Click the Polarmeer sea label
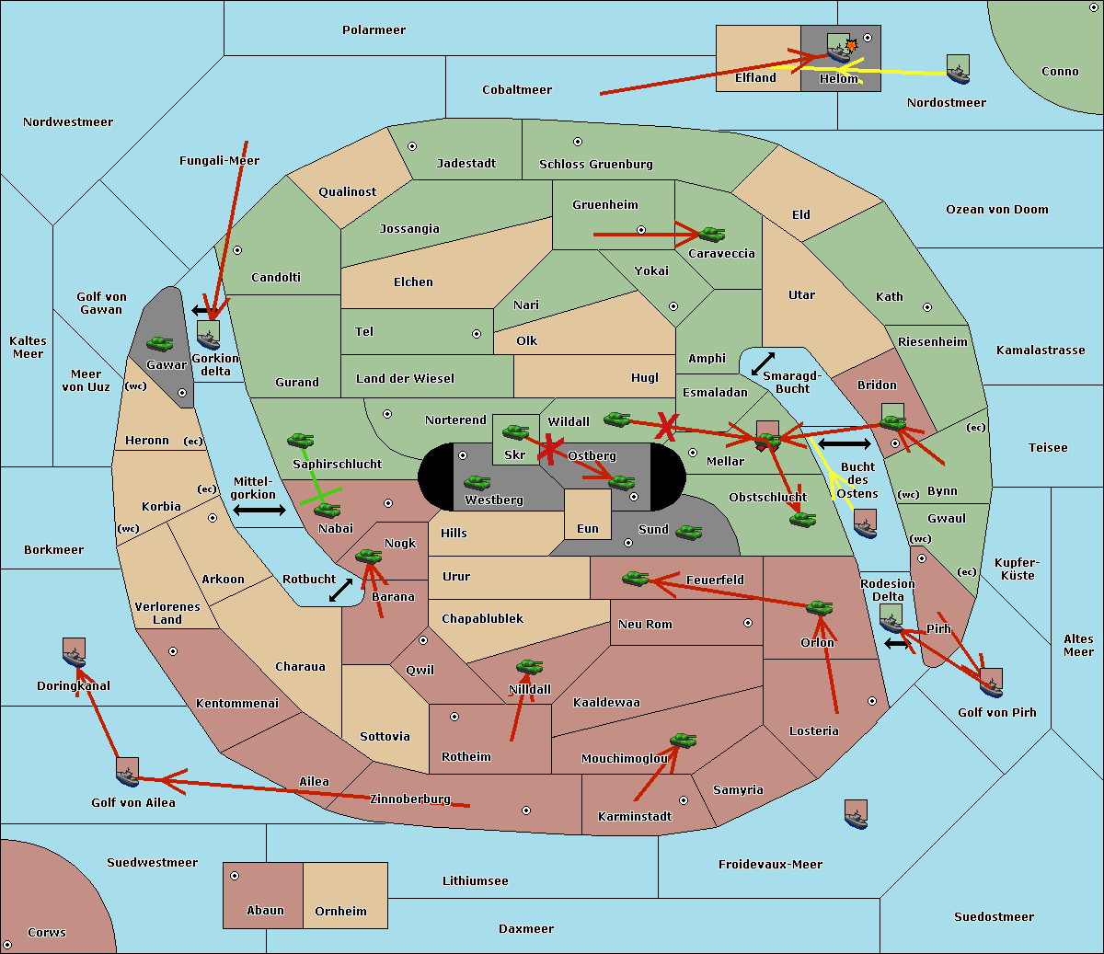[x=374, y=30]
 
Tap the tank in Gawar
[x=160, y=343]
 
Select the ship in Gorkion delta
[x=208, y=336]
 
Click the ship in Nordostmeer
[x=959, y=69]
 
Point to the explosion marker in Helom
[x=851, y=45]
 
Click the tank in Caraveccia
[x=711, y=235]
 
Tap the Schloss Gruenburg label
[x=595, y=164]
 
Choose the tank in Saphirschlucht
[x=300, y=440]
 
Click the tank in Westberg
[x=477, y=483]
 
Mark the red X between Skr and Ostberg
[x=549, y=449]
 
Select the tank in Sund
[x=688, y=532]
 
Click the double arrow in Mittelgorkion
[x=259, y=510]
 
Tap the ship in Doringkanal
[x=74, y=653]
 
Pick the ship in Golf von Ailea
[x=127, y=773]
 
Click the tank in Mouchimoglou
[x=684, y=741]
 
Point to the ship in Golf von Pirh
[x=992, y=684]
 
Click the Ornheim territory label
[x=340, y=911]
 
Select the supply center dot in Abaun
[x=235, y=876]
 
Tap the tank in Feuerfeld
[x=635, y=579]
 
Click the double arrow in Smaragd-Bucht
[x=763, y=363]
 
